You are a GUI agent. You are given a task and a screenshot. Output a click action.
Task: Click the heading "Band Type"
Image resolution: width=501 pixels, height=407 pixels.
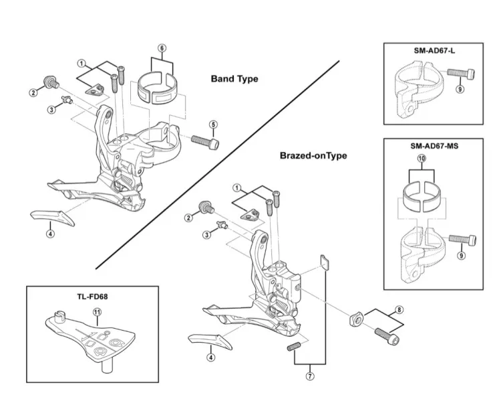click(x=234, y=79)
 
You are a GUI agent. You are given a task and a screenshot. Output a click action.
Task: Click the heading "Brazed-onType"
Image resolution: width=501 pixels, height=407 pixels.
click(x=313, y=155)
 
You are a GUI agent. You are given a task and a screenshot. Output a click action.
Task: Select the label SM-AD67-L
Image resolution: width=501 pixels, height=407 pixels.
click(x=434, y=51)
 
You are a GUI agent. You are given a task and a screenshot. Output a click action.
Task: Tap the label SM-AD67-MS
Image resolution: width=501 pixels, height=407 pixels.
click(x=434, y=146)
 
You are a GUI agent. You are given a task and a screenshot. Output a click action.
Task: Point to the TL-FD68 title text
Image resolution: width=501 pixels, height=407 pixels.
click(x=92, y=297)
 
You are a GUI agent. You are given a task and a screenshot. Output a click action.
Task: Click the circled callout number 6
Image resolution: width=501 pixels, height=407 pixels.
click(x=162, y=48)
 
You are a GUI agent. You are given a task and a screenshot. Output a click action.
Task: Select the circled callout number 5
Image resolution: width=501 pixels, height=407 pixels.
click(x=214, y=125)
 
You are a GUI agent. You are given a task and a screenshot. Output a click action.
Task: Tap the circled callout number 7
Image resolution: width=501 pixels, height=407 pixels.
click(x=310, y=376)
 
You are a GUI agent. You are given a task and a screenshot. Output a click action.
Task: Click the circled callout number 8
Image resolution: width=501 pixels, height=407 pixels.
click(x=399, y=310)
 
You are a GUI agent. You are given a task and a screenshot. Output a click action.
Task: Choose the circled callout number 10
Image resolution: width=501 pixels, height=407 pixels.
click(x=422, y=158)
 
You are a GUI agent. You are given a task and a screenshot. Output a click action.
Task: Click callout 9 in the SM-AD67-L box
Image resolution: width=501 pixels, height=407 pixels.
click(x=460, y=89)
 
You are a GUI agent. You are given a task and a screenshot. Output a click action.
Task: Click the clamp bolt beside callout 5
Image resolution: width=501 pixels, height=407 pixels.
click(x=205, y=142)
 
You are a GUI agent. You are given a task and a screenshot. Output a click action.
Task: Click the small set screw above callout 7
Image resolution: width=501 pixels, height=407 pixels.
click(x=294, y=347)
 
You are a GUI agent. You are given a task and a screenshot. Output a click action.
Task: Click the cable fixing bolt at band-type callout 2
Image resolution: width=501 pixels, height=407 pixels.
click(x=51, y=82)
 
